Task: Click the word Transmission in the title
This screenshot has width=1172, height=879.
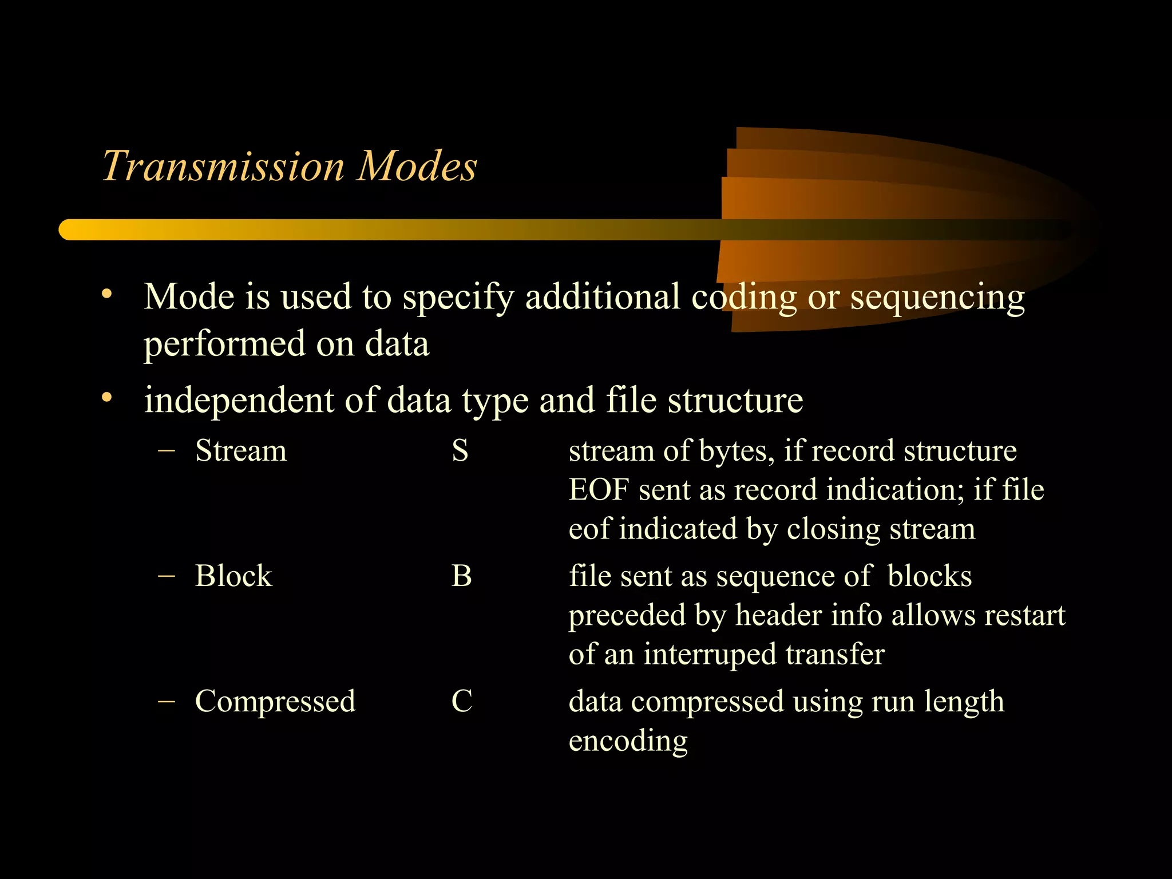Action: tap(223, 167)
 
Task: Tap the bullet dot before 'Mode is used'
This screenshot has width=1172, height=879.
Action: tap(106, 295)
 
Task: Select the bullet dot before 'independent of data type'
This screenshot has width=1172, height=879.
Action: tap(106, 398)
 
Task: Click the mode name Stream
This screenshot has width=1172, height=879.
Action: tap(240, 451)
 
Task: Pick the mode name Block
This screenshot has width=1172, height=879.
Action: tap(233, 576)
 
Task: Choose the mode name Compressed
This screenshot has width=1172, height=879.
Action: tap(275, 702)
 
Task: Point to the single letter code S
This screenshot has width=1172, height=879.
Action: tap(460, 451)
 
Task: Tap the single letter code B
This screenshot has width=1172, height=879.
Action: tap(461, 576)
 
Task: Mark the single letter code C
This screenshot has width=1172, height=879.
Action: tap(462, 702)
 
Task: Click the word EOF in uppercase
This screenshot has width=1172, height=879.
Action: tap(599, 490)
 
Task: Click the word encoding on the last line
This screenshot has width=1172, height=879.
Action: tap(628, 741)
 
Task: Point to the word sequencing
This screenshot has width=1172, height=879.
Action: tap(937, 299)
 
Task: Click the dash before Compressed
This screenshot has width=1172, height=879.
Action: tap(166, 702)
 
